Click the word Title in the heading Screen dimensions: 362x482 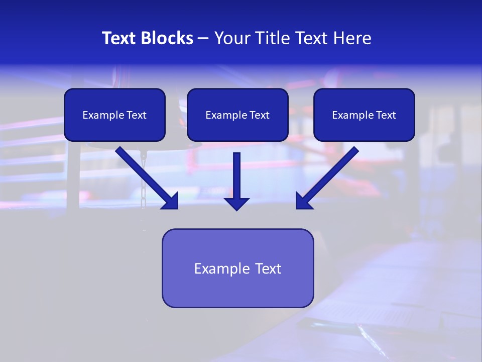click(270, 38)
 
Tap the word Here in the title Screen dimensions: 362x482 click(352, 38)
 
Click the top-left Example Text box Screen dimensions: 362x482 click(114, 115)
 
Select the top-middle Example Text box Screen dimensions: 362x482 click(237, 115)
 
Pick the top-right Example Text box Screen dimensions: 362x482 click(364, 115)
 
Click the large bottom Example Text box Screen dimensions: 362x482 click(237, 268)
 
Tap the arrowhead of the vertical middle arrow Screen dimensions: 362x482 click(236, 204)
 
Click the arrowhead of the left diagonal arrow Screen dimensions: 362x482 click(171, 201)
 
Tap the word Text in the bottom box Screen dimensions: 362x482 click(268, 268)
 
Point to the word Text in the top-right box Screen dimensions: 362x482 click(386, 115)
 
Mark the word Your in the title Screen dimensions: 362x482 click(233, 38)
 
